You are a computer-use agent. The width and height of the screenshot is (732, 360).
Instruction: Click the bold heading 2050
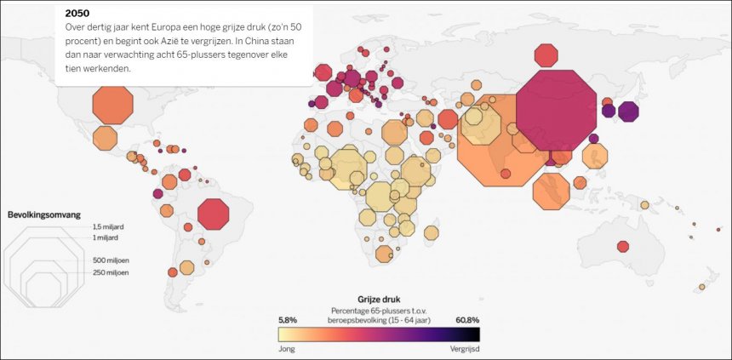tap(77, 14)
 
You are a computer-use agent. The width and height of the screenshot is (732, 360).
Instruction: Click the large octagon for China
tap(556, 110)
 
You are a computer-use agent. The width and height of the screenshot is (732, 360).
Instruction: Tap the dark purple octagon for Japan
tap(628, 111)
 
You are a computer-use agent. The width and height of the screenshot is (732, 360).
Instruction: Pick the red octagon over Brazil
tap(213, 214)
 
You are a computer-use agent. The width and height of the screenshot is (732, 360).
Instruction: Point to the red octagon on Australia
tap(623, 247)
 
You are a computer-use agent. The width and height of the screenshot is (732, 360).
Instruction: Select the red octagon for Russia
tap(546, 55)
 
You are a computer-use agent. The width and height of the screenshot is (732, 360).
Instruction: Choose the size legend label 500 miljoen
tap(111, 259)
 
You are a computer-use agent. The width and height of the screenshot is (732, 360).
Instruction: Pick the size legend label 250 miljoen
tap(111, 272)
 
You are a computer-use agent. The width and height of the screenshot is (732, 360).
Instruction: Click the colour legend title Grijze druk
tap(379, 300)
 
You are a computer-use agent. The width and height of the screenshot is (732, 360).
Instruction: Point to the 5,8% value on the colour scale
tap(288, 320)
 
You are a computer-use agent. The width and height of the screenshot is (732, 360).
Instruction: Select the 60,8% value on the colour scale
tap(467, 320)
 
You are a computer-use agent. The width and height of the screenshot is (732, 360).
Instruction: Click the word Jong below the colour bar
tap(287, 349)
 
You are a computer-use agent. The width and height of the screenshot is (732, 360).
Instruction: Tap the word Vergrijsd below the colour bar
tap(465, 349)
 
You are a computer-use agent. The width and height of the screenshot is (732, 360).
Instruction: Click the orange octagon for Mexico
tap(105, 138)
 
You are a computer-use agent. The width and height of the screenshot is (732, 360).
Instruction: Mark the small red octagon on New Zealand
tap(703, 287)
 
